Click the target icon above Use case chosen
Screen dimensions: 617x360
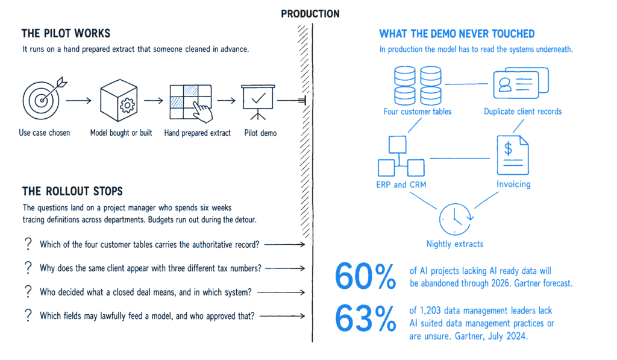(x=42, y=99)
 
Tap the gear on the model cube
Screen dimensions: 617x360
(x=127, y=105)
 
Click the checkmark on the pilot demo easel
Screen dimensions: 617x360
(x=258, y=98)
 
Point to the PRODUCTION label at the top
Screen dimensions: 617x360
(x=310, y=14)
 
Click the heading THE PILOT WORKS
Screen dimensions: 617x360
(x=66, y=34)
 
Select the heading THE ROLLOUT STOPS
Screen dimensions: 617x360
(x=72, y=191)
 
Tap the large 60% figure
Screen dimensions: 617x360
(x=365, y=277)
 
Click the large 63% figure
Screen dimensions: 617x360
(x=365, y=318)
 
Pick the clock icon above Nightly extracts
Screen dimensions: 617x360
(x=456, y=219)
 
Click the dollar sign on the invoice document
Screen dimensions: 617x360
(x=509, y=148)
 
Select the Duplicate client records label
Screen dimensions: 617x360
(x=522, y=112)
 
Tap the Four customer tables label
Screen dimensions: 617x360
(x=418, y=112)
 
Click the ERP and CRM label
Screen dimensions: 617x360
(x=401, y=185)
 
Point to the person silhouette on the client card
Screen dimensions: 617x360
(x=505, y=84)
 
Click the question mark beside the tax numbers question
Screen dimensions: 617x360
(x=28, y=268)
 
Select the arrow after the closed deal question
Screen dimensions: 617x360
(x=281, y=292)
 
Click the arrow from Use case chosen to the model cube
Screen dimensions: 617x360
(x=78, y=101)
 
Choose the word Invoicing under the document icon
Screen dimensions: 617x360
(x=513, y=185)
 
